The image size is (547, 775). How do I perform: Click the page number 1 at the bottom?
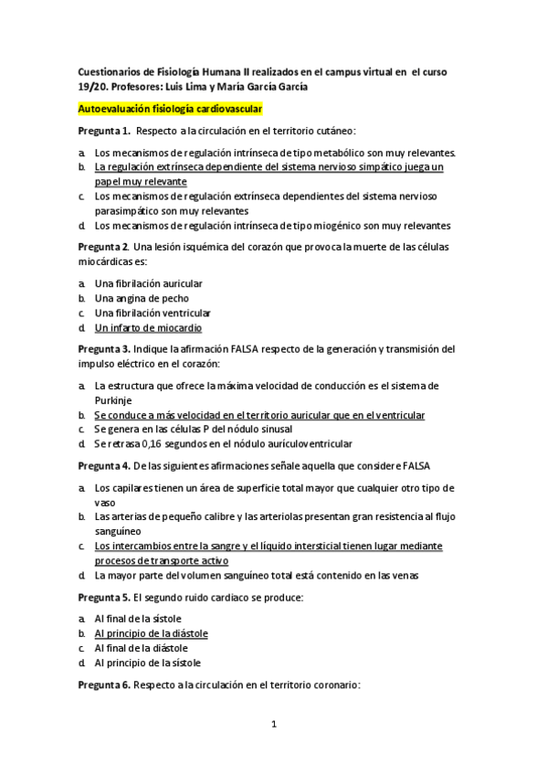point(273,725)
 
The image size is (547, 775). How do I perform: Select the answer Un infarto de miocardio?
point(148,327)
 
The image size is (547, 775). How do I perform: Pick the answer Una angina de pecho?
point(140,299)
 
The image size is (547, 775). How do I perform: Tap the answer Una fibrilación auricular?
point(148,284)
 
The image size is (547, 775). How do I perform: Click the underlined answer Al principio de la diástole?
point(151,632)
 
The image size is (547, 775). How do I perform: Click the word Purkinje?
point(116,399)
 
